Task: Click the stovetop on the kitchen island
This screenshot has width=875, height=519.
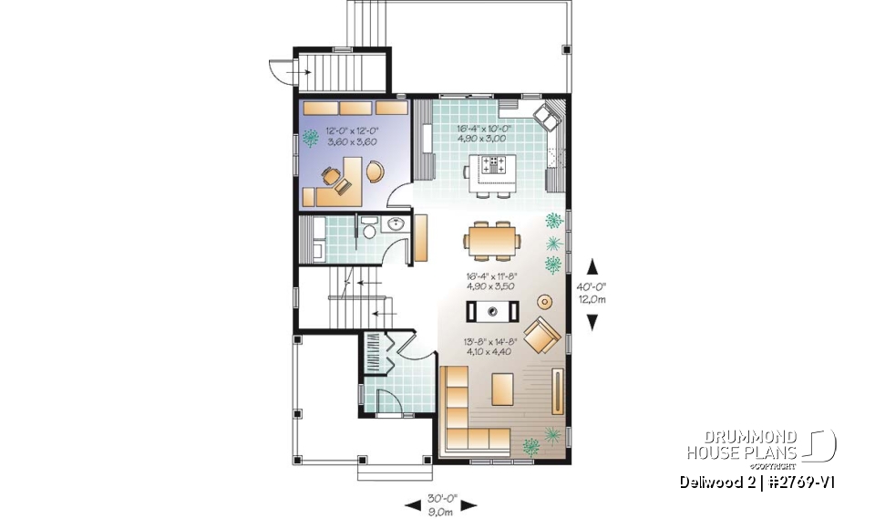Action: (498, 166)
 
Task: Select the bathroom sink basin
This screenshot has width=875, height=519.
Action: (397, 225)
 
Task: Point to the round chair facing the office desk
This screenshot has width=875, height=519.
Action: (374, 170)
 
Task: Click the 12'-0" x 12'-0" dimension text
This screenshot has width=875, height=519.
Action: (351, 132)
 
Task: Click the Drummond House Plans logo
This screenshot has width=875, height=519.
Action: (760, 446)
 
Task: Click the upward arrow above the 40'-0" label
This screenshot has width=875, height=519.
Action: (592, 266)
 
